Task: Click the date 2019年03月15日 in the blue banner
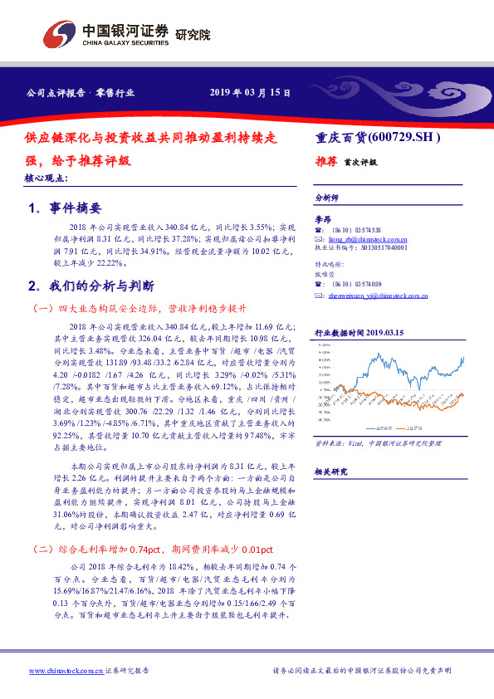[x=249, y=93]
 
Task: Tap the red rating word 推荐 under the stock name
[x=325, y=162]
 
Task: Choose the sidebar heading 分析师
[x=327, y=198]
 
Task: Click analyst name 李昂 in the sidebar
[x=322, y=218]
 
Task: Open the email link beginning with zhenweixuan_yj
[x=377, y=295]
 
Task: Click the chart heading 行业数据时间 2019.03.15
[x=359, y=332]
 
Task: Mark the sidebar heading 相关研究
[x=330, y=471]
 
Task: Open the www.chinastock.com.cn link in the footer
[x=66, y=671]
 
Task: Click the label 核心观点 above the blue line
[x=47, y=178]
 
